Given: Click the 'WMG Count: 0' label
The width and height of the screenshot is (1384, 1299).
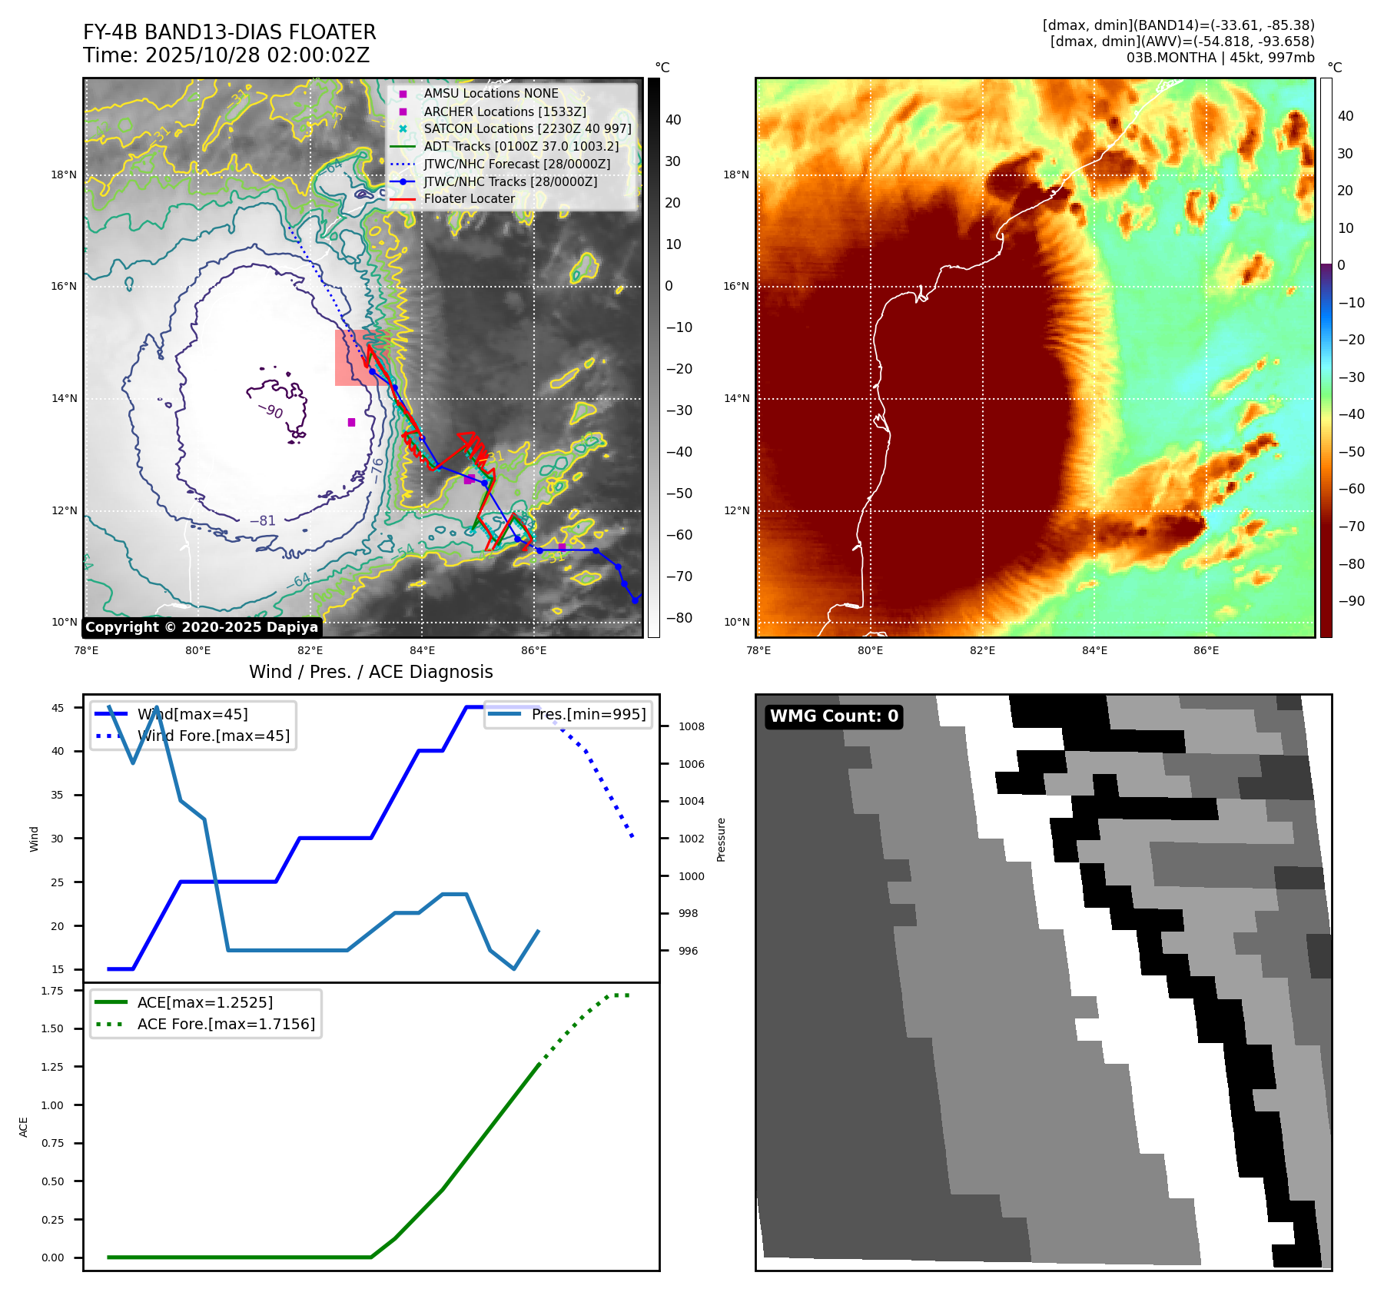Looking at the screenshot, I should coord(834,716).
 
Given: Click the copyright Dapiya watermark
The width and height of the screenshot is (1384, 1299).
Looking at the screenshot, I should coord(201,627).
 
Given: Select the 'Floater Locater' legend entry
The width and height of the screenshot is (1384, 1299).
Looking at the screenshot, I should coord(469,199).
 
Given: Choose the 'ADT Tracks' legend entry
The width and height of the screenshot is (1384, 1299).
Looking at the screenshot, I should coord(520,146).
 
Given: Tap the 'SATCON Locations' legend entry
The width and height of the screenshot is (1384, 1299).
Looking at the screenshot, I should coord(527,128).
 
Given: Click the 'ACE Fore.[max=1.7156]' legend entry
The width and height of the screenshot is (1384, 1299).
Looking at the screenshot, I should coord(226,1024).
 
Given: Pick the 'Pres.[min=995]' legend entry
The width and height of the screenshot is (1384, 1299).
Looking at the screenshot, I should coord(588,714).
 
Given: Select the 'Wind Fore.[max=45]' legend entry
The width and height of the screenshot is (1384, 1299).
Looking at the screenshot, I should coord(213,736).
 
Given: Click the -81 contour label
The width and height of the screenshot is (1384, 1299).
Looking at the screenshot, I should coord(262,520).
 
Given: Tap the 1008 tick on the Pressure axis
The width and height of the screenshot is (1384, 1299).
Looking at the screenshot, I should coord(691,726).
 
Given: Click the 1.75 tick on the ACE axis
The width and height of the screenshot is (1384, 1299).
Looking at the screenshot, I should coord(53,991).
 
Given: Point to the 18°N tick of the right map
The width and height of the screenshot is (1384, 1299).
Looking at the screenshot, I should coord(736,174).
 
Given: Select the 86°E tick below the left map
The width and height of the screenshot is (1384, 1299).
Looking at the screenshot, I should coord(534,650).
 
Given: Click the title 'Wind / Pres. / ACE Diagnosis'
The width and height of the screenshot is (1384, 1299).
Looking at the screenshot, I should coord(371,672).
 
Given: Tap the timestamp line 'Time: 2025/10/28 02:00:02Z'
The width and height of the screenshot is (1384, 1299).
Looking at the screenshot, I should coord(227,55).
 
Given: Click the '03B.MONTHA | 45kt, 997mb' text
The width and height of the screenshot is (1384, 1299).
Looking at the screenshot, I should coord(1220,58).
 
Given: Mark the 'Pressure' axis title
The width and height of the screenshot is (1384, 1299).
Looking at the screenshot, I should coord(721,839).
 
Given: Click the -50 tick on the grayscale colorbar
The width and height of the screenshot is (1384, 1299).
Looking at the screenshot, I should coord(679,493).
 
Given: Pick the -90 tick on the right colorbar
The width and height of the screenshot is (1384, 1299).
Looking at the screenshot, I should coord(1351,601).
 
